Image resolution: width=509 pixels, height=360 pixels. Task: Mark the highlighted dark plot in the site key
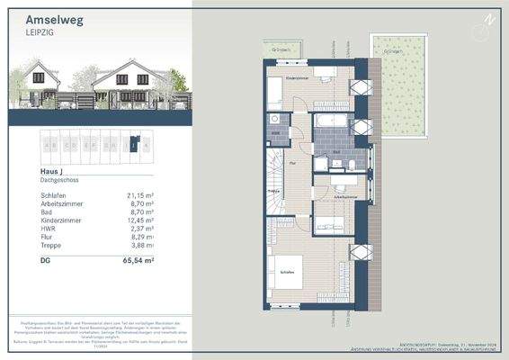(133, 144)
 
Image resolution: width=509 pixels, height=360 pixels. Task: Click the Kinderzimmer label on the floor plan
(298, 79)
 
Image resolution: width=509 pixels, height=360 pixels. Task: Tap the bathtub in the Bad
(331, 120)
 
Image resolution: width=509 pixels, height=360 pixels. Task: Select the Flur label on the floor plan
(293, 164)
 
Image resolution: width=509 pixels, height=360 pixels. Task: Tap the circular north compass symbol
(489, 19)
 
